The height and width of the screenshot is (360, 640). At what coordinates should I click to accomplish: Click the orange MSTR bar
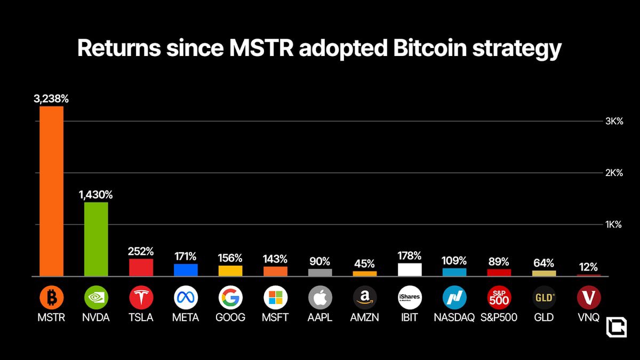51,191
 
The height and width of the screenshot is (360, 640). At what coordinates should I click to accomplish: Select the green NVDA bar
96,239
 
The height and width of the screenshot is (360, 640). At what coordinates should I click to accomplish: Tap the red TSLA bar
141,267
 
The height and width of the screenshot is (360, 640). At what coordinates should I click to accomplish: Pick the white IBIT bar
410,269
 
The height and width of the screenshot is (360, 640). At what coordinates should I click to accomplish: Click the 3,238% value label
51,99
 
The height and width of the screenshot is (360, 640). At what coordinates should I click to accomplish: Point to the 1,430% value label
96,195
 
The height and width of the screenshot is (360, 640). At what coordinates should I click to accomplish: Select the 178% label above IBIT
410,255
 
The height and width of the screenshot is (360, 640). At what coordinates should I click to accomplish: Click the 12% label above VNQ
589,267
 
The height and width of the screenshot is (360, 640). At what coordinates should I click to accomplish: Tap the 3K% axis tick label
613,121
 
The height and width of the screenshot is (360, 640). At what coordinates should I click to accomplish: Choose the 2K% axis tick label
613,173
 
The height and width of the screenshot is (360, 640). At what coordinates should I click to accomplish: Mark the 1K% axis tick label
613,225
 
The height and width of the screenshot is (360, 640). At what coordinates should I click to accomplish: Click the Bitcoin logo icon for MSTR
51,297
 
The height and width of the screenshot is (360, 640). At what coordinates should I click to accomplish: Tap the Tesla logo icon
141,297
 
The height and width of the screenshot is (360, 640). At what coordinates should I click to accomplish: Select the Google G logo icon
230,297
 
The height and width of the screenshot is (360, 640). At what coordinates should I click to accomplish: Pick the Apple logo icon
320,297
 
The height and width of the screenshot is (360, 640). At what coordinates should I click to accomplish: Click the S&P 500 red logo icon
499,297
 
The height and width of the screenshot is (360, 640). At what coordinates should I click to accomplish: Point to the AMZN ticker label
365,317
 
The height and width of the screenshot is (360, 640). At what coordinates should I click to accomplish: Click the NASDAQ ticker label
454,317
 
